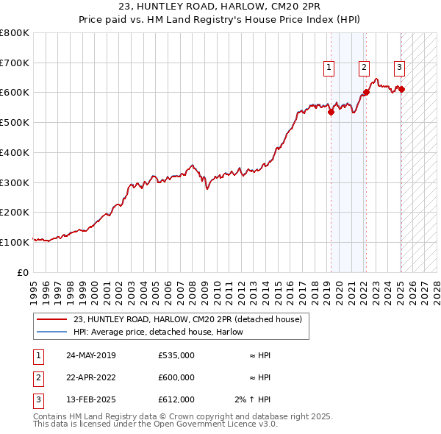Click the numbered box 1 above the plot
328,68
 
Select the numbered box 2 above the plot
364,68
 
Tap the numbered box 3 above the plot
399,68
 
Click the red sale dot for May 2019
331,113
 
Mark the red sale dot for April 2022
366,93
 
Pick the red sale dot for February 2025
401,89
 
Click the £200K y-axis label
15,212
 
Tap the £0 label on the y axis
24,272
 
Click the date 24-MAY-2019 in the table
91,355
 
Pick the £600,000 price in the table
176,377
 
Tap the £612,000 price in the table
176,399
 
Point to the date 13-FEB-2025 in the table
91,399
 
